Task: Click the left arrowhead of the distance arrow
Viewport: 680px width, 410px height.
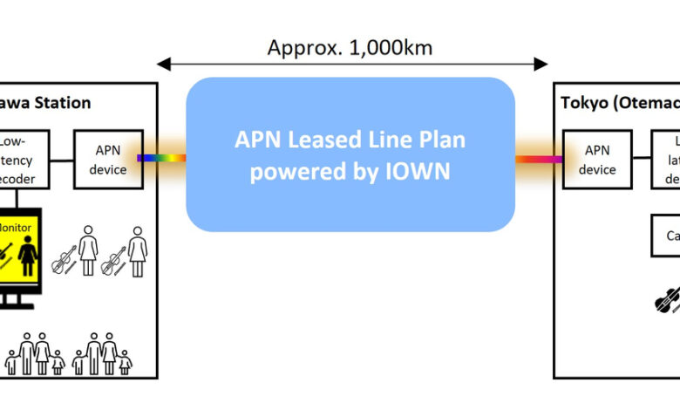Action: coord(163,64)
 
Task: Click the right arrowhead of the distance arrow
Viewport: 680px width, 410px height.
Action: coord(541,64)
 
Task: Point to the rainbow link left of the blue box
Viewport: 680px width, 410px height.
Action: coord(161,158)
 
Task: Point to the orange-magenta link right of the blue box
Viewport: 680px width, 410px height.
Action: coord(539,159)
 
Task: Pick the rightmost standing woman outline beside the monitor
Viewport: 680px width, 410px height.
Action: coord(137,252)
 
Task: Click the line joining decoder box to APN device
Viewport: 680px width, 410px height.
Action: coord(61,159)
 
